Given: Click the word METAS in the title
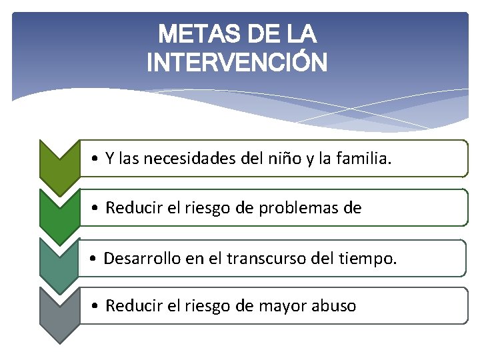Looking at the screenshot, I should pyautogui.click(x=193, y=33).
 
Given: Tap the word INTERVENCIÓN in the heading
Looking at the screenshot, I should pyautogui.click(x=237, y=63).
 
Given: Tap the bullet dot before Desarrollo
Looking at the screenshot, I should pyautogui.click(x=96, y=259).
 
